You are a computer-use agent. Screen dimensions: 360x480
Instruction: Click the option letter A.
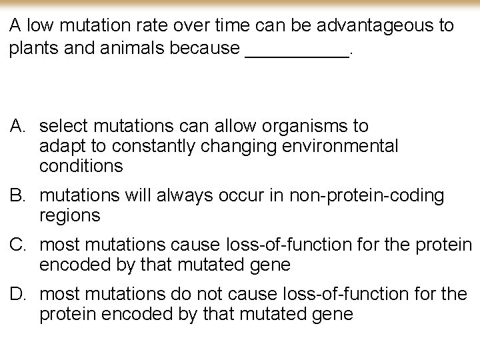click(17, 126)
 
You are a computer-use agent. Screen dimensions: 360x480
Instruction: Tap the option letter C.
click(18, 244)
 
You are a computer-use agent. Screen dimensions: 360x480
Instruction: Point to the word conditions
click(81, 165)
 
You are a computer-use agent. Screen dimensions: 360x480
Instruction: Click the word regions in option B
click(70, 215)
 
